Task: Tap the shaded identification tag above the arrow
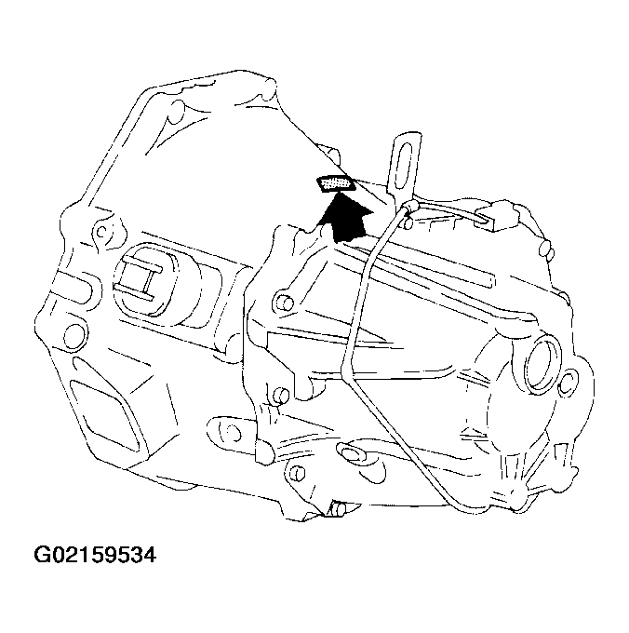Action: point(335,184)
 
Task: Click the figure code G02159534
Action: point(95,557)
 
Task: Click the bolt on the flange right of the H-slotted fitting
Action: point(279,302)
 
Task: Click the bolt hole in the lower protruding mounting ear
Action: point(227,429)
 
